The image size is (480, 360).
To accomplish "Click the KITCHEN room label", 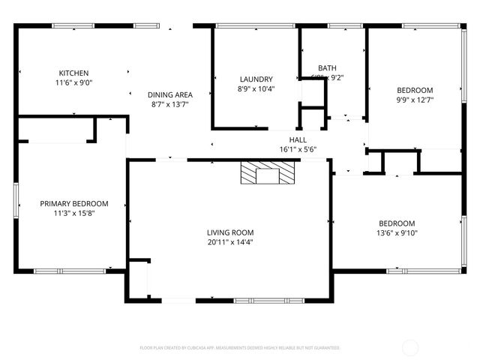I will (x=74, y=73).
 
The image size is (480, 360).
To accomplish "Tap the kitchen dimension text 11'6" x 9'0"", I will (x=74, y=83).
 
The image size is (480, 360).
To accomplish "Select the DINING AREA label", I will (x=170, y=94).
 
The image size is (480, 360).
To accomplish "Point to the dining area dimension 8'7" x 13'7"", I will (x=170, y=105).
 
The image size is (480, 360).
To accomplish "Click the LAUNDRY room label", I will (x=256, y=79).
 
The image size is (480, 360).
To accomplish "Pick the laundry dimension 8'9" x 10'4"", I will (x=256, y=89).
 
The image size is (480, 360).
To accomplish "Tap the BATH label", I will (x=327, y=67).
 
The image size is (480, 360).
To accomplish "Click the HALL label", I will (x=298, y=139).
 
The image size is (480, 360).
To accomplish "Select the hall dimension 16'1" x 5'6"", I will (x=298, y=149).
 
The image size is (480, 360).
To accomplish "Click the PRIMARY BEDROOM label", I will (x=73, y=203).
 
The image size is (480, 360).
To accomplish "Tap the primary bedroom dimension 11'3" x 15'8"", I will (x=73, y=213).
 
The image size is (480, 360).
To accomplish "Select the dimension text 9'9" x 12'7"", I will (x=415, y=99).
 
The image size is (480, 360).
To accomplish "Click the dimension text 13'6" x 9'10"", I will (x=397, y=233).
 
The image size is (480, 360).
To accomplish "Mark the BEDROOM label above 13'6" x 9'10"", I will (x=397, y=223).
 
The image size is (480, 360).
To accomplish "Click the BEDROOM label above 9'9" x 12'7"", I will (x=415, y=89).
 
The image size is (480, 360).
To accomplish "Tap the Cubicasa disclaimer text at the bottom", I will (x=240, y=348).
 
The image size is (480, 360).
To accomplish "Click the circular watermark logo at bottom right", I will (x=411, y=347).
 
